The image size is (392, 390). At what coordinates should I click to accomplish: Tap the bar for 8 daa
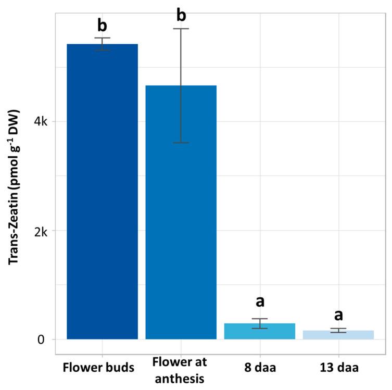click(x=259, y=332)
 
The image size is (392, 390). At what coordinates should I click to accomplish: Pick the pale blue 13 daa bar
click(x=338, y=335)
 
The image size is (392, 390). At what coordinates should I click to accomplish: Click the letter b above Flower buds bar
click(x=102, y=24)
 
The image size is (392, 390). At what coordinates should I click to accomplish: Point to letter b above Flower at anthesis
click(x=181, y=15)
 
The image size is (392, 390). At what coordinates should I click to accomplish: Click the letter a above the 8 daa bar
click(x=259, y=303)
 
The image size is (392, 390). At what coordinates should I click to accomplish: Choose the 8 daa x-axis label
click(x=259, y=367)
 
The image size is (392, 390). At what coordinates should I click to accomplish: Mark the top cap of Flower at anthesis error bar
click(x=181, y=29)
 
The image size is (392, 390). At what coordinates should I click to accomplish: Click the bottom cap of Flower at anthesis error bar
click(x=181, y=143)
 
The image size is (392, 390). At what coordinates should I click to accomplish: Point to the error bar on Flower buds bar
click(x=102, y=44)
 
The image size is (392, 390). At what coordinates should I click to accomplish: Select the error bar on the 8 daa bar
click(x=259, y=323)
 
